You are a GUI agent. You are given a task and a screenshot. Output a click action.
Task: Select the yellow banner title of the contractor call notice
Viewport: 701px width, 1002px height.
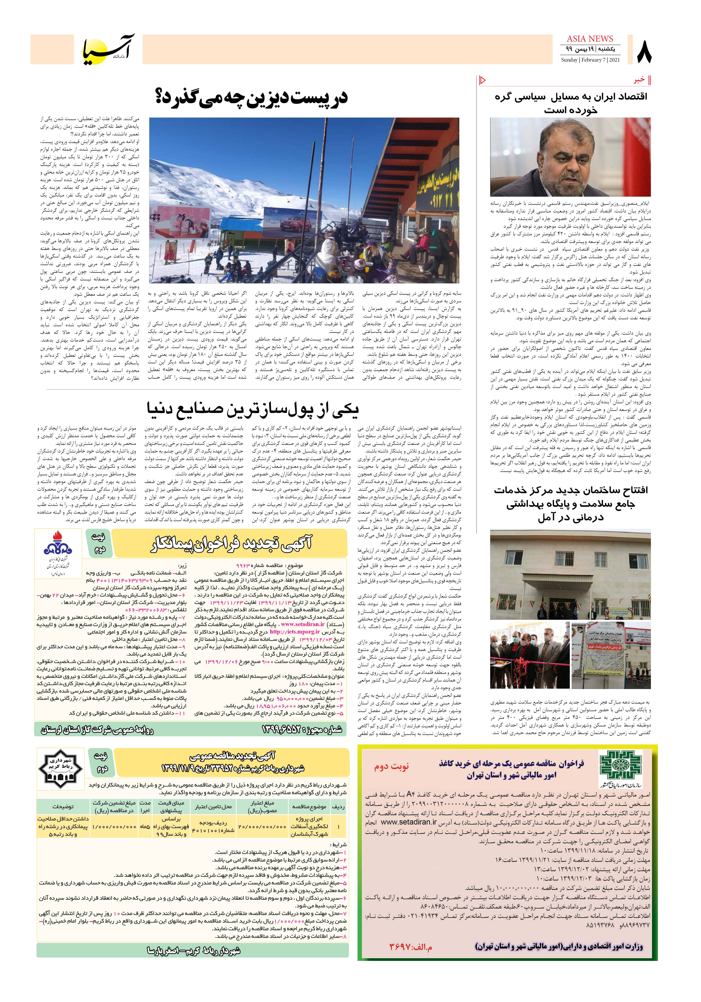[231, 544]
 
